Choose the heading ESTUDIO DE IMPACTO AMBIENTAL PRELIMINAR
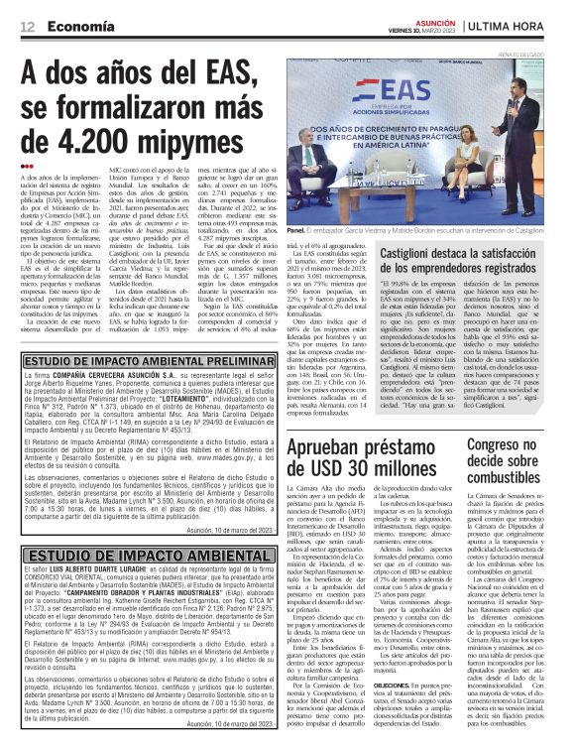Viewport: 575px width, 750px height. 136,359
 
